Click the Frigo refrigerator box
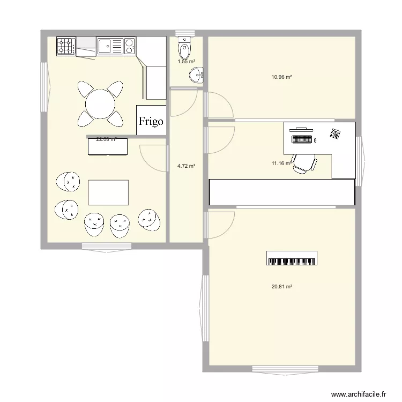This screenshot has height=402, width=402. pyautogui.click(x=151, y=121)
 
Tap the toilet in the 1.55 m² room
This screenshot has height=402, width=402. pyautogui.click(x=185, y=48)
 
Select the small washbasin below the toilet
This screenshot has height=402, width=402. pyautogui.click(x=197, y=75)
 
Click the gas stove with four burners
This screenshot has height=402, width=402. pyautogui.click(x=66, y=46)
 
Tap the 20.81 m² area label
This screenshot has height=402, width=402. pyautogui.click(x=281, y=287)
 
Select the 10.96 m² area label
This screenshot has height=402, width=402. pyautogui.click(x=281, y=77)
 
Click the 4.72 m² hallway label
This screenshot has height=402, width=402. pyautogui.click(x=186, y=166)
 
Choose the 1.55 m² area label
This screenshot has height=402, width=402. pyautogui.click(x=186, y=62)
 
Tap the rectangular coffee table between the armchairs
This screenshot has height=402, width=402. pyautogui.click(x=108, y=192)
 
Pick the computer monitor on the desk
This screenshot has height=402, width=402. pyautogui.click(x=300, y=129)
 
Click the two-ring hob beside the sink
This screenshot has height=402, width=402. pyautogui.click(x=129, y=46)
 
